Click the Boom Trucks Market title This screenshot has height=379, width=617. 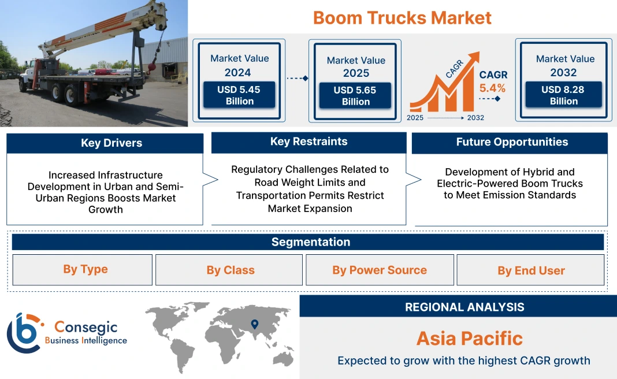402,17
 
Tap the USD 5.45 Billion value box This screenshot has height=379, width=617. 239,95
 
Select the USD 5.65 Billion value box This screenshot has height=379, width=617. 355,96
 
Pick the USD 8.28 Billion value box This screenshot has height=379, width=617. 563,95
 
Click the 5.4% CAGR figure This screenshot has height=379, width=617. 492,88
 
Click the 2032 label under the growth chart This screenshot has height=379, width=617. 475,118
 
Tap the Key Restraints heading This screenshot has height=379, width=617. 308,142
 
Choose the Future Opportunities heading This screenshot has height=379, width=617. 512,142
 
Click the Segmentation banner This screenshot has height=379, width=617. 310,242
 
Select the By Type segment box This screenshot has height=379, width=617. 85,270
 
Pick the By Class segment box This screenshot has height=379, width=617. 230,270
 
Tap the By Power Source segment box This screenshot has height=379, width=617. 379,270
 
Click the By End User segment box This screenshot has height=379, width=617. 530,270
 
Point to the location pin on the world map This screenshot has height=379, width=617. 255,324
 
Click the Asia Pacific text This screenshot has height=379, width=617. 469,338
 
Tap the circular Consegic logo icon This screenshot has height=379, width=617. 24,333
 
